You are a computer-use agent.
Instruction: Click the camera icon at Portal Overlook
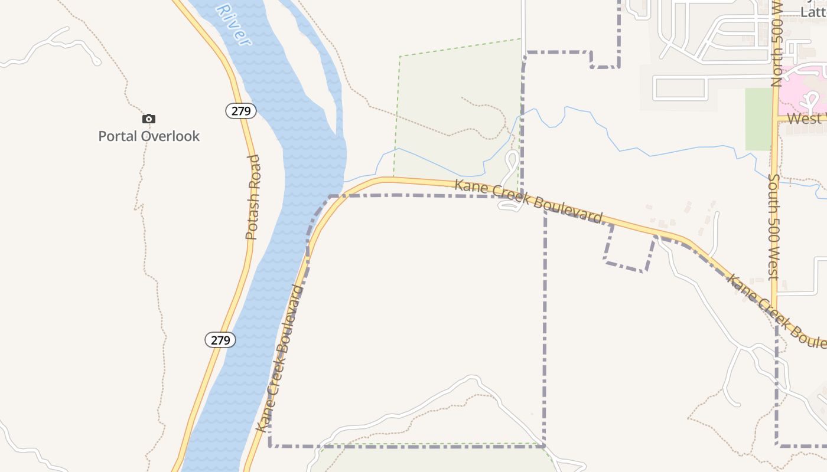(x=149, y=119)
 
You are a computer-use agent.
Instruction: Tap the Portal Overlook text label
(x=149, y=136)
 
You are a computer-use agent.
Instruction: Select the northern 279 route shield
(x=241, y=111)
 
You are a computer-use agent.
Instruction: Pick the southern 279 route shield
(x=220, y=340)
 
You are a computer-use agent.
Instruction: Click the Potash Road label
(x=253, y=197)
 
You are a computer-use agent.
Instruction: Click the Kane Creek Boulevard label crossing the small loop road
(x=529, y=200)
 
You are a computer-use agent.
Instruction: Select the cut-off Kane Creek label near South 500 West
(x=774, y=310)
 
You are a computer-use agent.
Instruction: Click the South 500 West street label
(x=774, y=227)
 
